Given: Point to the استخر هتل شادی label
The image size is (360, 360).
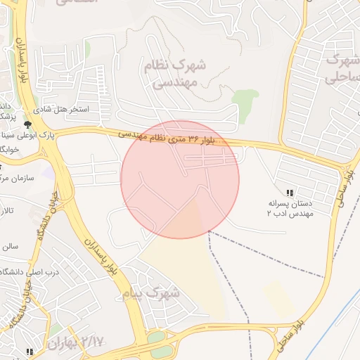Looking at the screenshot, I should [x=82, y=110].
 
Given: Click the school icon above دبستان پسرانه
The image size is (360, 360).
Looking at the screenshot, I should [x=289, y=193].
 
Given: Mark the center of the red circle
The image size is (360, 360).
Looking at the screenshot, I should [x=180, y=179].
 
